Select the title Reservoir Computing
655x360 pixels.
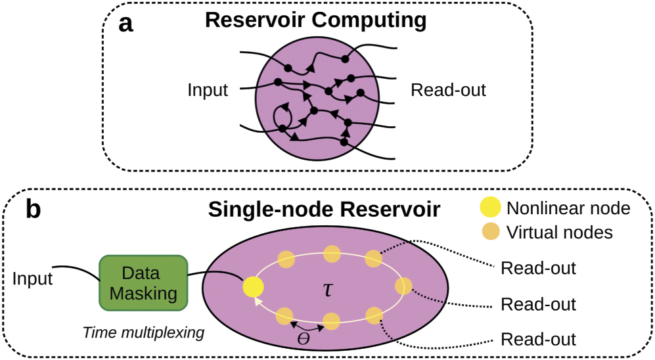pyautogui.click(x=315, y=20)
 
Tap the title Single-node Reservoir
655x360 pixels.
pyautogui.click(x=324, y=210)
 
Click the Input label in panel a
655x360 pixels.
pyautogui.click(x=208, y=90)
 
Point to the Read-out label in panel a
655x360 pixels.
pyautogui.click(x=448, y=90)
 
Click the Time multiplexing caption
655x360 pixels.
pyautogui.click(x=143, y=332)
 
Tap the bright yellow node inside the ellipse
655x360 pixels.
pyautogui.click(x=253, y=287)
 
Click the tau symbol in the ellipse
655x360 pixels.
pyautogui.click(x=329, y=289)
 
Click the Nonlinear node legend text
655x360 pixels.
pyautogui.click(x=568, y=209)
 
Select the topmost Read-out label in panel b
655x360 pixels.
pyautogui.click(x=538, y=268)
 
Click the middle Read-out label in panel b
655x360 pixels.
pyautogui.click(x=538, y=304)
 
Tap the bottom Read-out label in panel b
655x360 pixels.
pyautogui.click(x=538, y=339)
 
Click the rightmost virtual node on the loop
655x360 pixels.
pyautogui.click(x=403, y=286)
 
